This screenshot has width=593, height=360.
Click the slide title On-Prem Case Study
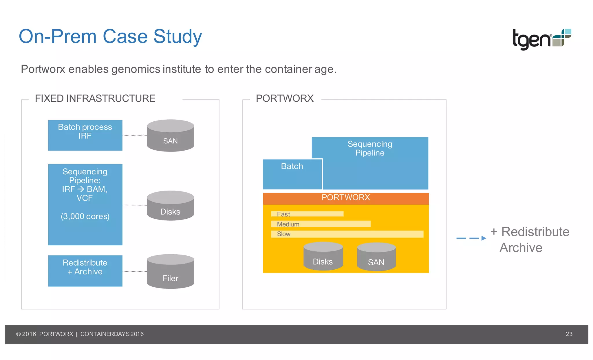pos(110,36)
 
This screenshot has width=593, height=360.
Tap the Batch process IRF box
pos(85,135)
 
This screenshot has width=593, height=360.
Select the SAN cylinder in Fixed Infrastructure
pos(170,136)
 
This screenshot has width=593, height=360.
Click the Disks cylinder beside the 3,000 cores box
pos(170,206)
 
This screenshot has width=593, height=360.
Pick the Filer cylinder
pos(170,272)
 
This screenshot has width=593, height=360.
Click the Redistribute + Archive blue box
pos(85,271)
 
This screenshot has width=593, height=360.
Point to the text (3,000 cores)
pos(85,216)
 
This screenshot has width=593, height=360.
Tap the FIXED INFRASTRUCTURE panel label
pos(95,98)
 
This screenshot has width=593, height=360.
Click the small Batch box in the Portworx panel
pos(292,174)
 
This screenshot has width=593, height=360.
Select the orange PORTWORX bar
pos(345,198)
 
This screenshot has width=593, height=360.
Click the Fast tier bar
pos(307,214)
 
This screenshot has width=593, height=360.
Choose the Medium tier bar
pos(321,224)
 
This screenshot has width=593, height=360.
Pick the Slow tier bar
pos(347,234)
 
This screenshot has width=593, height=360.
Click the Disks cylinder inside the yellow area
pos(323,257)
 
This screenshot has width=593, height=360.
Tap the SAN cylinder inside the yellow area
pos(376,257)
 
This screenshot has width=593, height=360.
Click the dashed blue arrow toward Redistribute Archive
pos(471,238)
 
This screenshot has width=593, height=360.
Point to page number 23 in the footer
pos(569,334)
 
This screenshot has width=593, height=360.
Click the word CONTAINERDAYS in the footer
pos(105,334)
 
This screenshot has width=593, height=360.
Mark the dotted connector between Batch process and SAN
pos(135,136)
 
